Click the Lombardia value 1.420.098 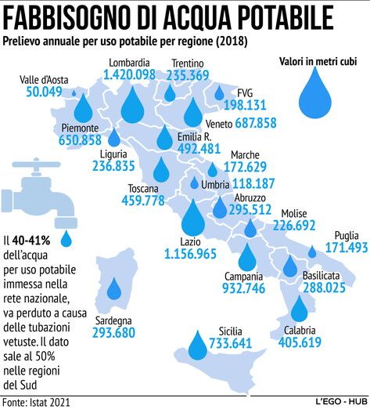130,74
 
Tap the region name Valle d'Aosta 44,80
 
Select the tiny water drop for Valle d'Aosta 74,92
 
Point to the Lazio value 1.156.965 191,254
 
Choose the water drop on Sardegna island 114,288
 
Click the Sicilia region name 230,331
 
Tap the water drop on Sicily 198,345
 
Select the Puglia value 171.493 347,248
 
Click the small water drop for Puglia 312,252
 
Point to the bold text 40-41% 31,241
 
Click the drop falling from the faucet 66,239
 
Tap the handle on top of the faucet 36,165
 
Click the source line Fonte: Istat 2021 36,403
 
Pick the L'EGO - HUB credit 341,401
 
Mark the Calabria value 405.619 300,342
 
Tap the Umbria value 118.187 253,183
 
